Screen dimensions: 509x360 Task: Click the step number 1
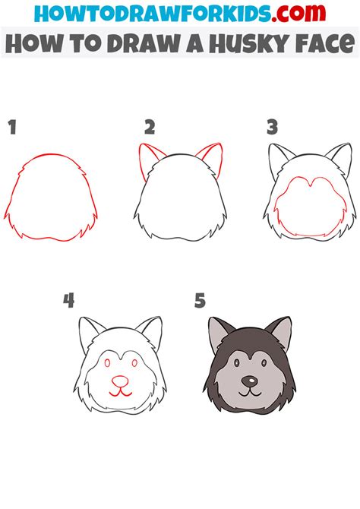[x=11, y=128]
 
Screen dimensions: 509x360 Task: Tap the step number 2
[x=150, y=127]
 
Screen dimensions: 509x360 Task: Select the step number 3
[x=271, y=127]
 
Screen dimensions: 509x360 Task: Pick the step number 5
[x=201, y=301]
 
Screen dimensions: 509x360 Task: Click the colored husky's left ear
[x=217, y=330]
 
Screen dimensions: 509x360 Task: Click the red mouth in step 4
[x=119, y=393]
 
